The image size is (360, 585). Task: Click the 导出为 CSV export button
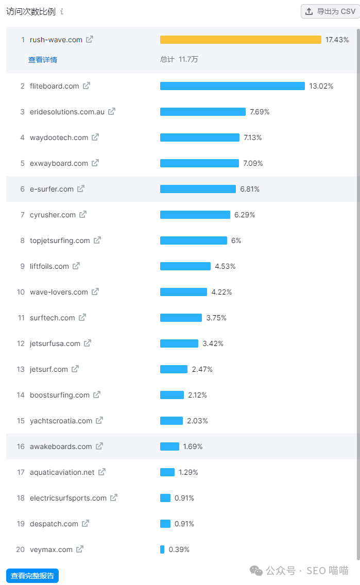[x=330, y=11]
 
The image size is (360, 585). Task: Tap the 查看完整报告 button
[x=32, y=576]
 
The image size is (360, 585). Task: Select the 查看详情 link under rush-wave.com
[x=43, y=60]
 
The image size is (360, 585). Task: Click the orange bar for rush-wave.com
[x=241, y=40]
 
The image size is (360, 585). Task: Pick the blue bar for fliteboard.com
[x=232, y=86]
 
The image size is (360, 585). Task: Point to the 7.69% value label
[x=260, y=112]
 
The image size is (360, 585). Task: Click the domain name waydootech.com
[x=59, y=137]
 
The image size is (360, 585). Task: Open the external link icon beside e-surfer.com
[x=81, y=189]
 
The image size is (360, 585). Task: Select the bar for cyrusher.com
[x=195, y=215]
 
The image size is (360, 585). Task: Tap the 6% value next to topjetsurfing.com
[x=236, y=240]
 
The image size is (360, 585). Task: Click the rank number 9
[x=22, y=266]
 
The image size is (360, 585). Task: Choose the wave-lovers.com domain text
[x=59, y=292]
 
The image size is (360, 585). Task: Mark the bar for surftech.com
[x=181, y=318]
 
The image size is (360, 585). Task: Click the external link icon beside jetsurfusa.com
[x=88, y=343]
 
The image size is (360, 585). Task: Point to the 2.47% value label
[x=202, y=369]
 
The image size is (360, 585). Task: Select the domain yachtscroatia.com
[x=61, y=421]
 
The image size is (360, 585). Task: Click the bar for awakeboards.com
[x=169, y=446]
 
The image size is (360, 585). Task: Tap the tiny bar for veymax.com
[x=162, y=549]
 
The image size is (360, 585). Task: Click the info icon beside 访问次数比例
[x=62, y=11]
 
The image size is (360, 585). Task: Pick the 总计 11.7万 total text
[x=179, y=59]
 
